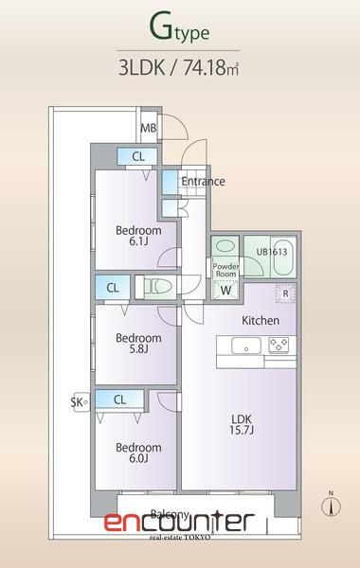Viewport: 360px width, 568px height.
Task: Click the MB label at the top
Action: tap(149, 128)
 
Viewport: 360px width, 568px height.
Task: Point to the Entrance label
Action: tap(203, 180)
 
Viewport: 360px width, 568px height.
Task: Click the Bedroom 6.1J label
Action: tap(138, 236)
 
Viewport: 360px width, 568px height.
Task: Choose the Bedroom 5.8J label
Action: tap(138, 344)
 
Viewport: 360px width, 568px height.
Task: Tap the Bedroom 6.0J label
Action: tap(138, 453)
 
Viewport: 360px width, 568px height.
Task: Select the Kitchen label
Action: tap(260, 320)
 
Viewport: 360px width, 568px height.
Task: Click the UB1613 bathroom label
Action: tap(271, 252)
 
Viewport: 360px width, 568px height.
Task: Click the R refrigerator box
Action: tap(286, 293)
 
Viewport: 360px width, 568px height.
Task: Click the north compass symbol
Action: tap(330, 506)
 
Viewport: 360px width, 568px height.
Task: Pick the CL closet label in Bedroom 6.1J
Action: tap(138, 156)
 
